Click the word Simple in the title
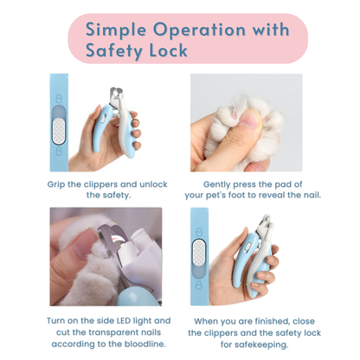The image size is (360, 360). (x=116, y=30)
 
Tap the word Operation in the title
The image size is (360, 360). (x=199, y=30)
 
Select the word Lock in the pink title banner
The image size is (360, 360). (x=169, y=50)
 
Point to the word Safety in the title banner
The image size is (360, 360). (x=114, y=51)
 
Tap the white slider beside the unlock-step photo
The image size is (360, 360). (x=59, y=132)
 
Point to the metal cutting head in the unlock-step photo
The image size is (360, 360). (x=118, y=94)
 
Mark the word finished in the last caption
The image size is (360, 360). (x=269, y=321)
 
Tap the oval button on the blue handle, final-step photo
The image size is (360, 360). (x=247, y=247)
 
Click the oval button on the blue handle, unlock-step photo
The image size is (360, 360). (x=104, y=118)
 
